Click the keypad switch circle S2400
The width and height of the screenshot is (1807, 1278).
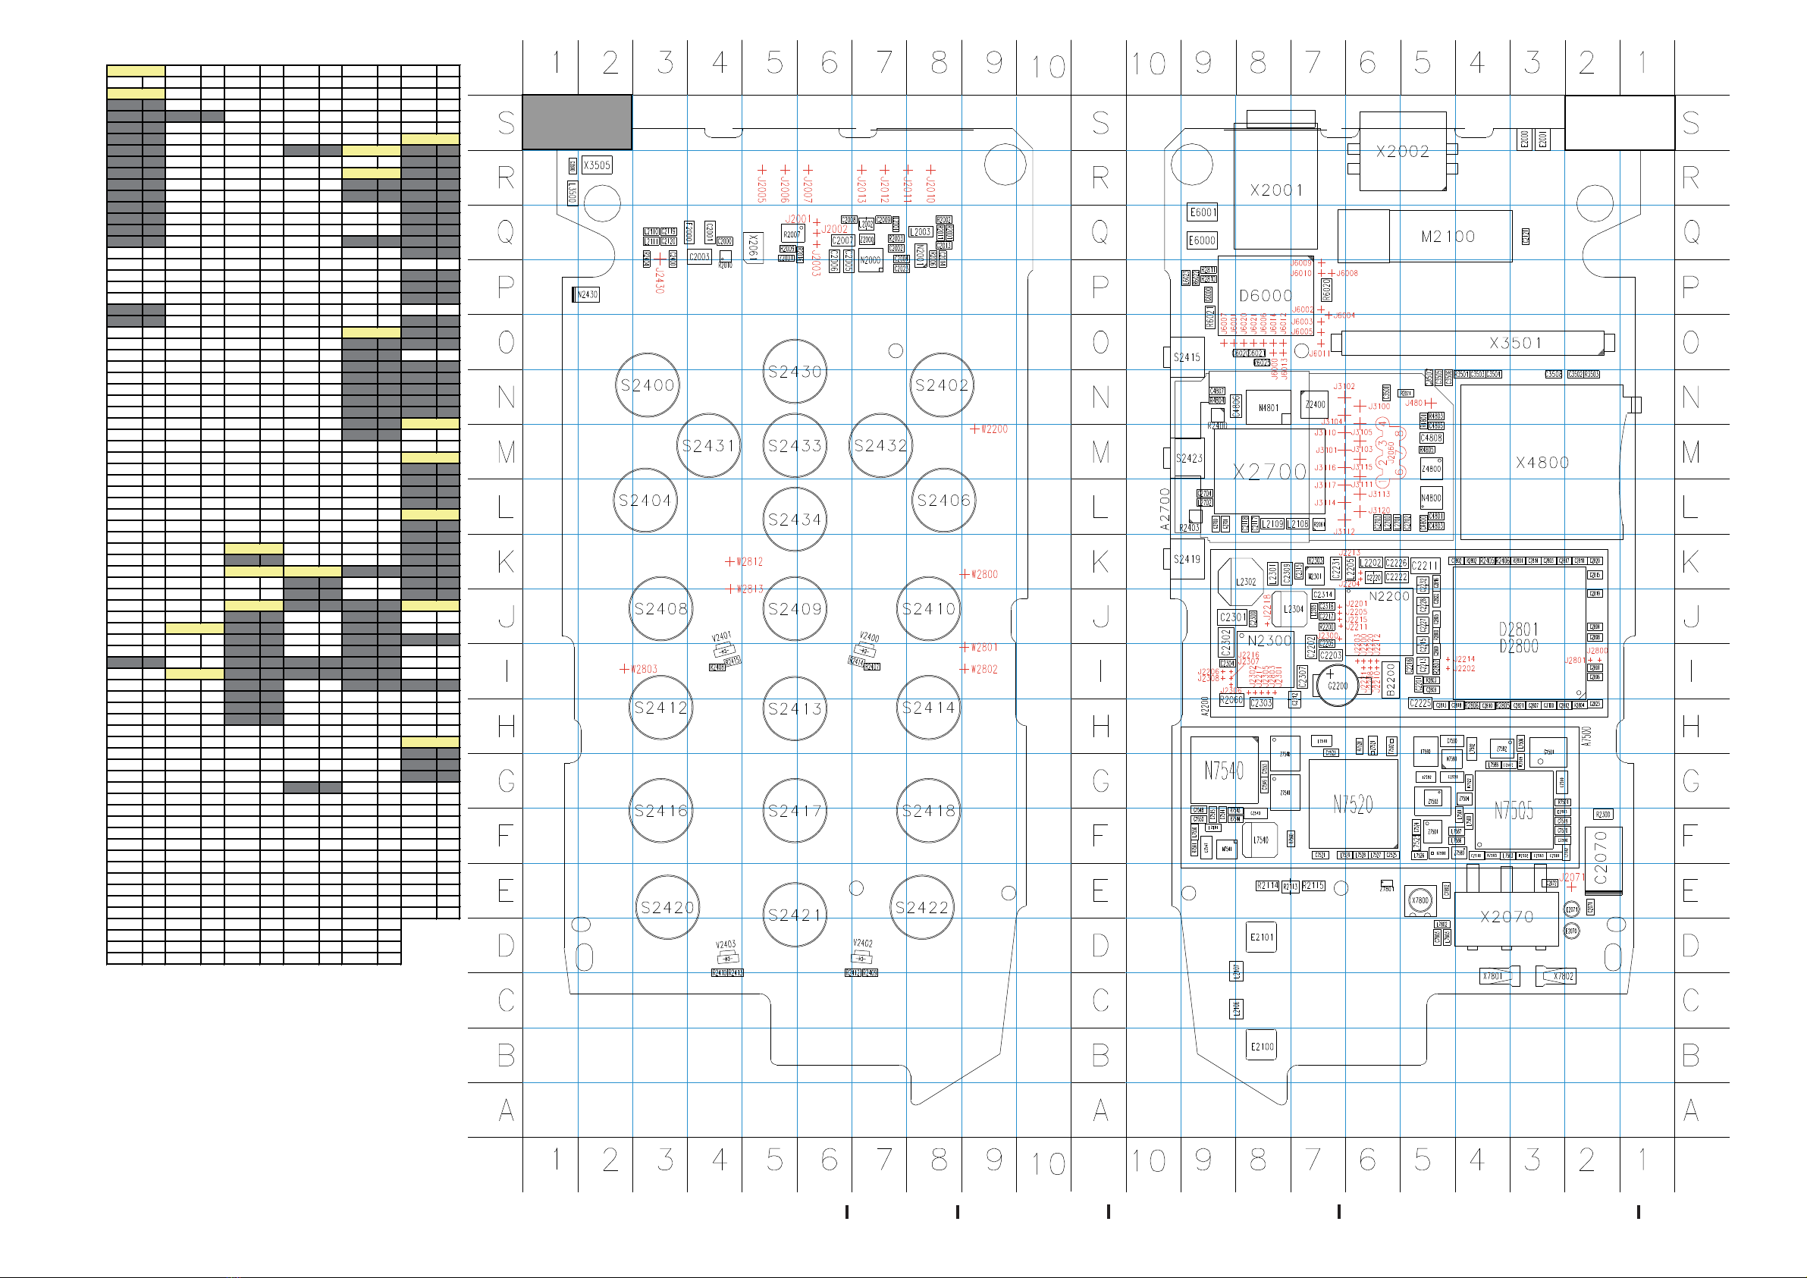647,385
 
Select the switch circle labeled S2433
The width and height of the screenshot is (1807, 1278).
795,446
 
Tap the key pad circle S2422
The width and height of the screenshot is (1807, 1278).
921,907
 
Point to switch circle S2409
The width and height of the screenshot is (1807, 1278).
795,609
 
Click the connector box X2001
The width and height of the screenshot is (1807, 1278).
1275,190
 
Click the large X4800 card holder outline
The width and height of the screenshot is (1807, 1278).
1541,462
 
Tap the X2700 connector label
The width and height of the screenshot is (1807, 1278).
1269,472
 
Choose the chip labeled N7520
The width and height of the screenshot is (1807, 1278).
1353,804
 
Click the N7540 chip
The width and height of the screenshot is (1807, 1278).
1224,770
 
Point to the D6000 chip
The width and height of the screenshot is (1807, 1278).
1265,296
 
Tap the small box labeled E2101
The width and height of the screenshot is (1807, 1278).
1262,937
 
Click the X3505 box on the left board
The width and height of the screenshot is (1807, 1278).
597,165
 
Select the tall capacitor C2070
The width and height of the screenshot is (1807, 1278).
1602,859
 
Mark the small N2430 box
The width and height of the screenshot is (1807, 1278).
586,294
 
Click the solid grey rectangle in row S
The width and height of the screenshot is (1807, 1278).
577,122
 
